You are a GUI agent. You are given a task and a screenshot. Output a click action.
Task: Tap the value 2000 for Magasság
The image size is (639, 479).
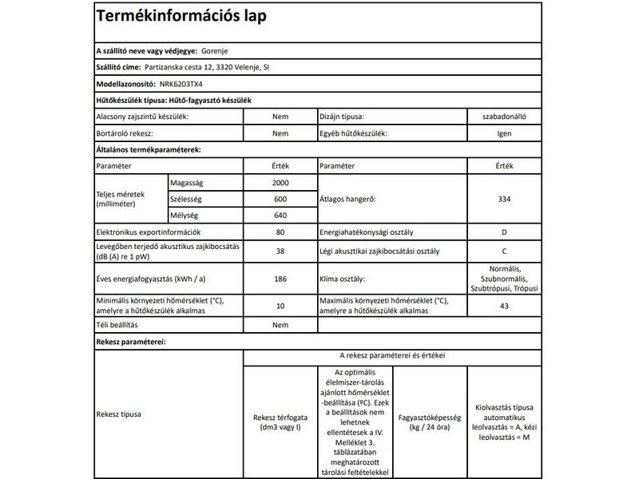(280, 183)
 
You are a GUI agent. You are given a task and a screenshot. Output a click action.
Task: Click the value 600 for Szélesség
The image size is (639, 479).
(280, 200)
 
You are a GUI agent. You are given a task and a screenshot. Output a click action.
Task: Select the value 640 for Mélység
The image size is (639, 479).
(280, 216)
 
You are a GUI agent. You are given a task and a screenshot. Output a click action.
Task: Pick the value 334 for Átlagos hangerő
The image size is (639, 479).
(504, 200)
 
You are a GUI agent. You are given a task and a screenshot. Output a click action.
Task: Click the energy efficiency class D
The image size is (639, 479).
(504, 232)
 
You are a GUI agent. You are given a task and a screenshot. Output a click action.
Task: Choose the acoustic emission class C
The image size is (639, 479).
(504, 251)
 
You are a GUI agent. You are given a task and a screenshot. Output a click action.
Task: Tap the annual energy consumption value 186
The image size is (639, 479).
(280, 279)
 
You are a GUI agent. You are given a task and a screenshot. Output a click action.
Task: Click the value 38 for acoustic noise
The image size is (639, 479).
(280, 251)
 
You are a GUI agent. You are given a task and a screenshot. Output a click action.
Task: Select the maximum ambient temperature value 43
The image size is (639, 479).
(504, 306)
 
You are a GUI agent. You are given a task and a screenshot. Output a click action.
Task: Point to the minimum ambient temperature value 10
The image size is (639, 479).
(280, 306)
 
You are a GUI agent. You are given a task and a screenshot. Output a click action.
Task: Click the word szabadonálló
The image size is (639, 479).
(504, 117)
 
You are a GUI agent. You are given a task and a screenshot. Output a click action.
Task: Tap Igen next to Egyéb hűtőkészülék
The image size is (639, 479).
(504, 133)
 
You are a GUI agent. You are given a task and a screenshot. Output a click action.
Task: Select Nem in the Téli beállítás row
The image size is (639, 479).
(280, 325)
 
